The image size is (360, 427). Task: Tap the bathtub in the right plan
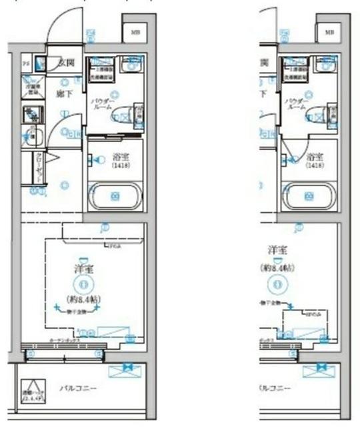(309, 195)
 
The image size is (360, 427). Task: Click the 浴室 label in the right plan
(313, 157)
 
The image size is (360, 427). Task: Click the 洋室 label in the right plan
(276, 250)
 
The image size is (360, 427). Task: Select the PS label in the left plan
(26, 63)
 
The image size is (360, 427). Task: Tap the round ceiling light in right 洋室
(276, 283)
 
